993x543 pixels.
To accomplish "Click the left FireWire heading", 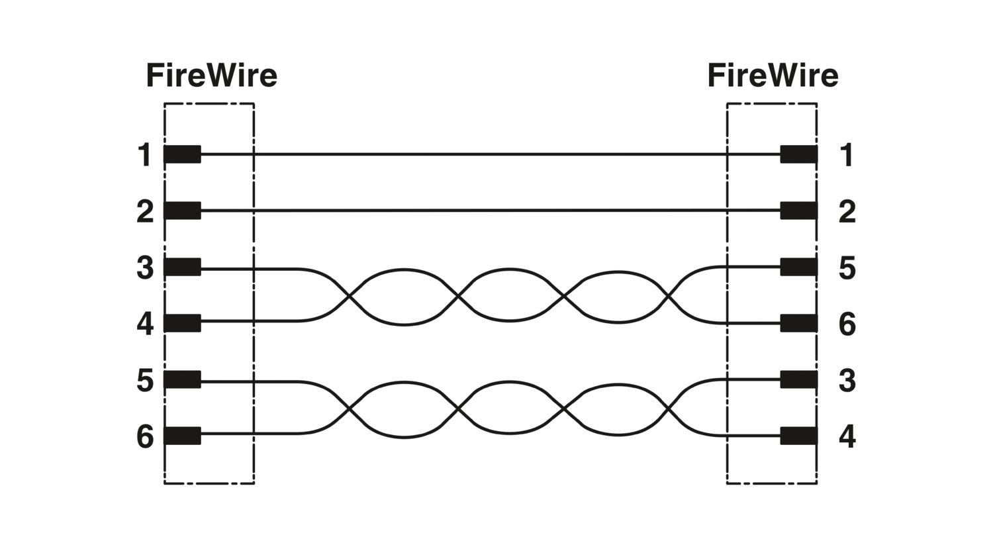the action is pos(211,75).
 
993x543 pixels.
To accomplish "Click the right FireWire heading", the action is pos(773,75).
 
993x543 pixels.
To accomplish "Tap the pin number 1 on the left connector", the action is pos(144,155).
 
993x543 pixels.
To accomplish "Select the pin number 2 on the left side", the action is pos(145,211).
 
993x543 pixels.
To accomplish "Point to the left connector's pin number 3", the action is pos(145,268).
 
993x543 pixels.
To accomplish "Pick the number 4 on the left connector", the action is pos(145,324).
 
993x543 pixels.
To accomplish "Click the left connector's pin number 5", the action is pos(145,380).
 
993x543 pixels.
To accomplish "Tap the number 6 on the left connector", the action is pos(145,436).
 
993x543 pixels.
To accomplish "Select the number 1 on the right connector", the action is pos(847,155).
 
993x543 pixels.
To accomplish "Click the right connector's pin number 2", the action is pos(847,211).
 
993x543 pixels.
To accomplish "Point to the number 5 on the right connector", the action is pos(847,268).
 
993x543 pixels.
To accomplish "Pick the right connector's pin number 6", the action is pos(847,324).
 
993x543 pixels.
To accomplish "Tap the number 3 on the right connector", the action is pos(847,380).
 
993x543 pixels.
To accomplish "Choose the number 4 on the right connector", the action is pos(847,436).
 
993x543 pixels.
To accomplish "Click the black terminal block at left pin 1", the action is pos(182,154).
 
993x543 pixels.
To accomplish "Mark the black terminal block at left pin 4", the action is pos(182,323).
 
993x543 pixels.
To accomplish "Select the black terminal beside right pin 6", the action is pos(799,323).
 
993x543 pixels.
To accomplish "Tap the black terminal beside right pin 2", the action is pos(799,211).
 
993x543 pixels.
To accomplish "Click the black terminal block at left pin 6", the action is pos(182,436).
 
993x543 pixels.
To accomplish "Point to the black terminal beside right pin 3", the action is pos(799,379).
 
